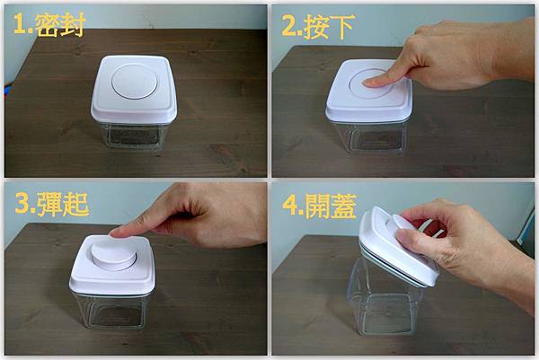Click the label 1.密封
(x=49, y=25)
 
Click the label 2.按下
(x=318, y=26)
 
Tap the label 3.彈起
(x=52, y=204)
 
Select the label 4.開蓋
(x=319, y=206)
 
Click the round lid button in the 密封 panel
(x=135, y=82)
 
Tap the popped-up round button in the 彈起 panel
(x=114, y=254)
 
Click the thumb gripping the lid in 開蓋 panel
(x=409, y=238)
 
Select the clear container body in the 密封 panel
(x=134, y=135)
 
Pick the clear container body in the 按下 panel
(x=370, y=136)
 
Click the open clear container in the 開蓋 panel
(x=384, y=298)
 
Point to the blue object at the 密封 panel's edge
(x=6, y=91)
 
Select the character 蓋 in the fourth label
(x=343, y=206)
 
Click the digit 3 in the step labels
(x=22, y=204)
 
